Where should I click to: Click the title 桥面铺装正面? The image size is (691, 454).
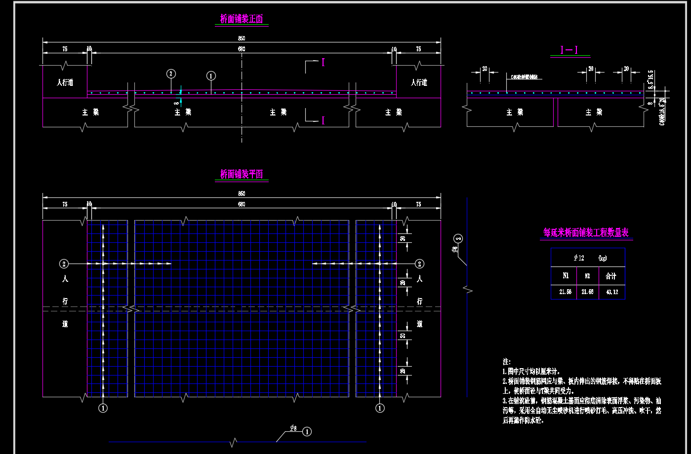point(242,19)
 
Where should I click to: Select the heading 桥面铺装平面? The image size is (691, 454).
point(242,174)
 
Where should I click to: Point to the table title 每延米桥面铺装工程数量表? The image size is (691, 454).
point(586,232)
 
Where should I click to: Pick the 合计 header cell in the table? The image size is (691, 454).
point(611,276)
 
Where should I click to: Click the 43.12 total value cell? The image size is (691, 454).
point(611,292)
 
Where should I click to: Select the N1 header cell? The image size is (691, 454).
point(565,276)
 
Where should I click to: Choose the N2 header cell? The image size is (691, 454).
point(587,276)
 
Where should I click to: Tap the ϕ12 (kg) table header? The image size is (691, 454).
point(588,258)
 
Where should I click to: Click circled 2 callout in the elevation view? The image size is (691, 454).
point(171,74)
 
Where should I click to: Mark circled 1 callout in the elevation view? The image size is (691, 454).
point(211,76)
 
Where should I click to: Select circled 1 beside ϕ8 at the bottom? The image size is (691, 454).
point(307,432)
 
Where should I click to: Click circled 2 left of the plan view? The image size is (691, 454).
point(64,264)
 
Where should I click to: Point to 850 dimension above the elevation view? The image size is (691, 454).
point(242,38)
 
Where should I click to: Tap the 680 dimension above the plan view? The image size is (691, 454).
point(242,204)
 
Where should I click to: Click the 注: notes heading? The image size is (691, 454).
point(506,362)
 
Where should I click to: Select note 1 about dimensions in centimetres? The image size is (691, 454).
point(531,371)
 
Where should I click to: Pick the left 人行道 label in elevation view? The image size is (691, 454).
point(65,82)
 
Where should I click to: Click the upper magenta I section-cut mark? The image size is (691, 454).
point(323,63)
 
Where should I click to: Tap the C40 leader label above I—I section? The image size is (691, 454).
point(522,77)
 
